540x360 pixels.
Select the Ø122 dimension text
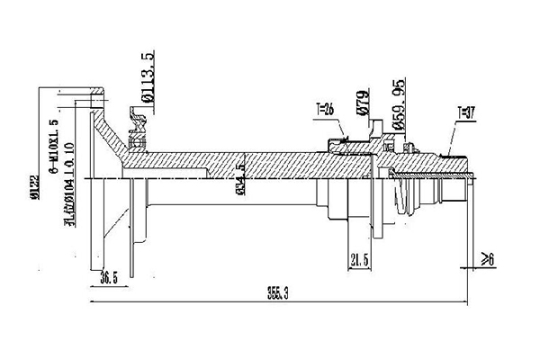click(x=34, y=176)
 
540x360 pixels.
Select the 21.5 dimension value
click(x=359, y=261)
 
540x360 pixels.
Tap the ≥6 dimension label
click(x=489, y=260)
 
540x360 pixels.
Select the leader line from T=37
click(x=453, y=135)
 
